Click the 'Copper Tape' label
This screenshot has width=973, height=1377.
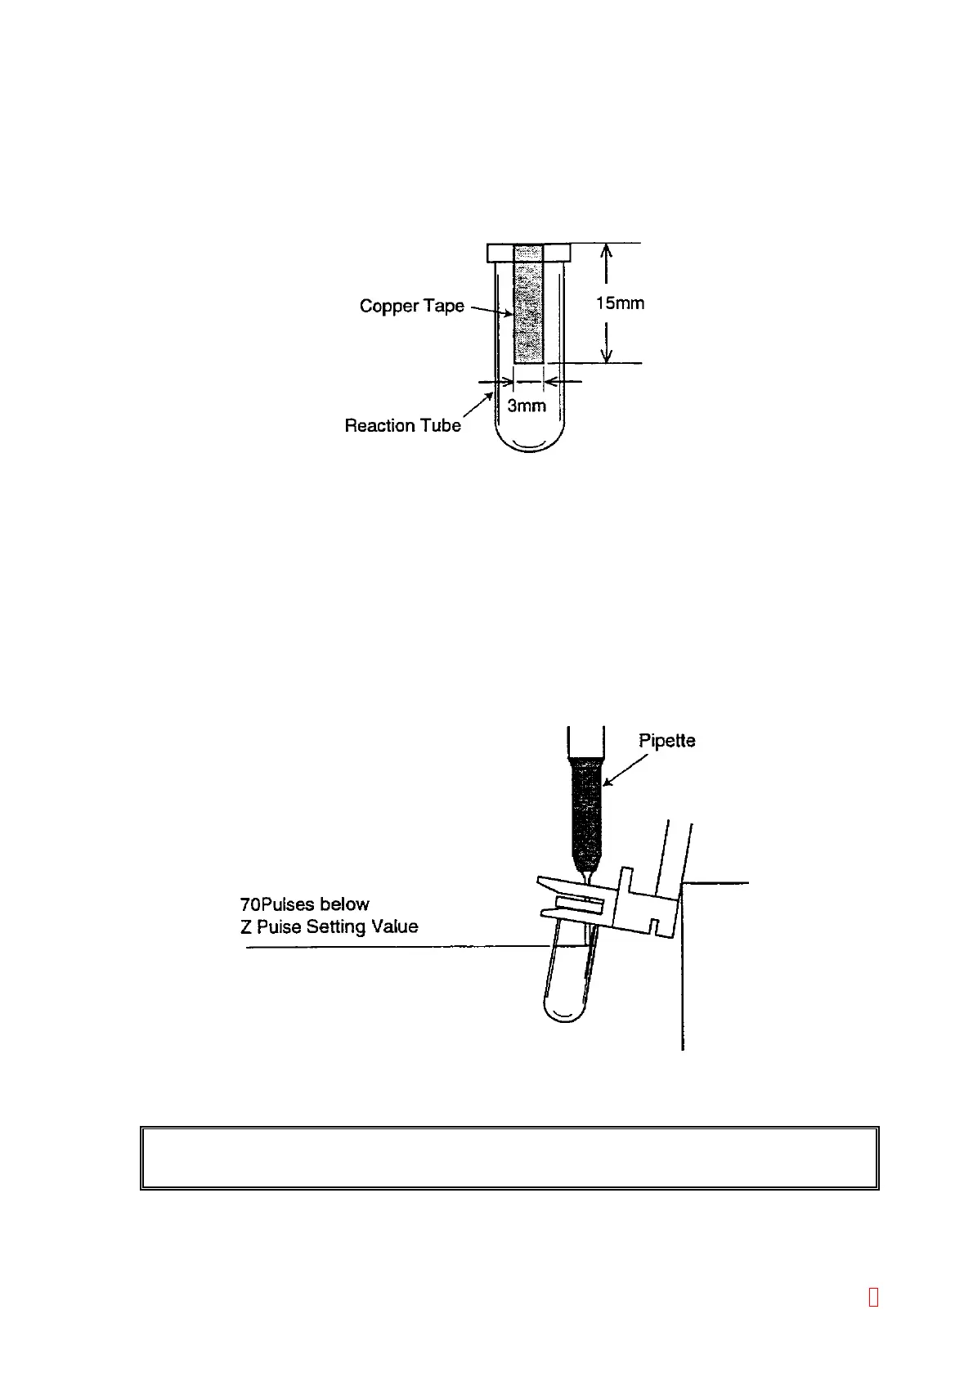coord(411,306)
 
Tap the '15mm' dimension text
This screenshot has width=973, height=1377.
coord(620,303)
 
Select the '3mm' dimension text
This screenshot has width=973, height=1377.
coord(527,406)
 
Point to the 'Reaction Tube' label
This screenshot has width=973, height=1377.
coord(402,425)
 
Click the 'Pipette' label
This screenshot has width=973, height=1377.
coord(666,741)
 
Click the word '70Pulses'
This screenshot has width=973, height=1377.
coord(276,904)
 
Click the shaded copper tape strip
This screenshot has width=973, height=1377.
coord(528,311)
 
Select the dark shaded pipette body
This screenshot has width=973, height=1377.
coord(587,810)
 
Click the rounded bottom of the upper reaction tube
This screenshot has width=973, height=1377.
coord(529,442)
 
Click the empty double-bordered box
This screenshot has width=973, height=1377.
coord(509,1157)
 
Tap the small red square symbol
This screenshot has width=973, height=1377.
coord(873,1297)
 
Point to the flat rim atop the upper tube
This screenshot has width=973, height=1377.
coord(528,252)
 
